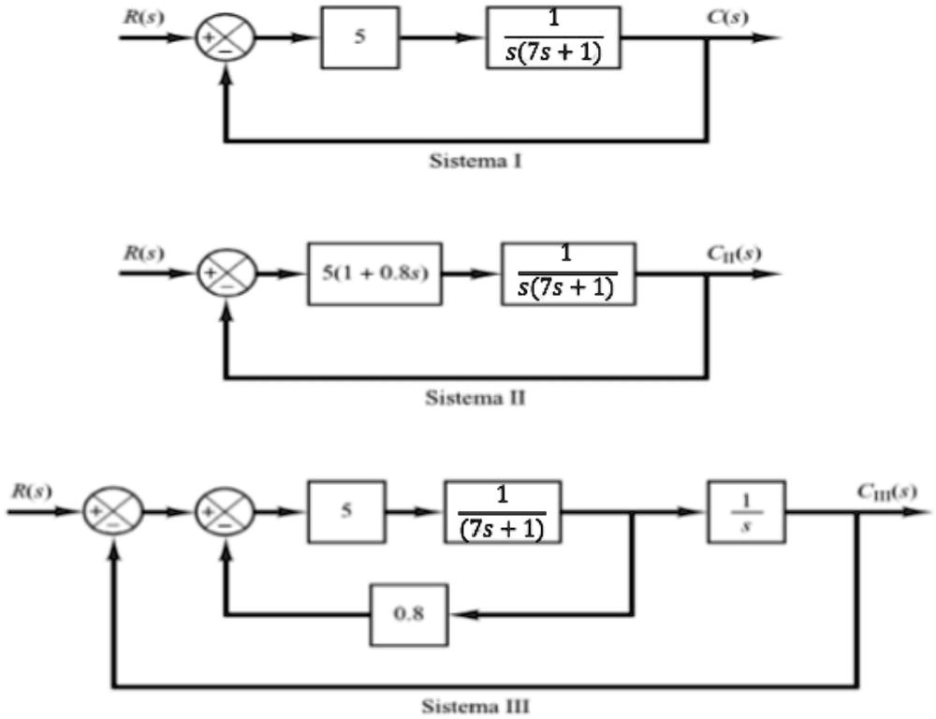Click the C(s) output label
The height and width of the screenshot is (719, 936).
[x=727, y=18]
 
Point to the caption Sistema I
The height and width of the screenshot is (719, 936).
[x=475, y=161]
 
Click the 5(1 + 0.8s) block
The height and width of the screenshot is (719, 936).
[x=375, y=274]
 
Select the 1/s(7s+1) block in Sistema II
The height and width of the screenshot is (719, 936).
[x=568, y=274]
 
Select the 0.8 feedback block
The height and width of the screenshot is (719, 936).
[x=409, y=614]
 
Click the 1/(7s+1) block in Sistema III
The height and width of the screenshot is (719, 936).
[x=503, y=512]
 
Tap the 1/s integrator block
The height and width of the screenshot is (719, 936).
[x=747, y=512]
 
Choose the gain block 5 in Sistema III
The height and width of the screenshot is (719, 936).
[x=345, y=512]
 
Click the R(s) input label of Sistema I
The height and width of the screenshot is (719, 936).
[x=139, y=18]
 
